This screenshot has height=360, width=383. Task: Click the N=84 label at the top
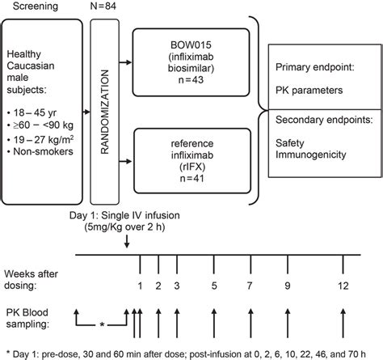point(103,6)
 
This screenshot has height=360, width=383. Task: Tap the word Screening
point(36,6)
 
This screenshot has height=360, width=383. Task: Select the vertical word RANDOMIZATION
point(104,112)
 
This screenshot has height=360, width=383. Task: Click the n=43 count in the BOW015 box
point(191,80)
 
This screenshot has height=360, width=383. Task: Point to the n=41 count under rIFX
point(191,179)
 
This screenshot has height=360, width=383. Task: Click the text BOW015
point(191,44)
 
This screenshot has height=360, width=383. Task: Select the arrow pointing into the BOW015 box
point(125,62)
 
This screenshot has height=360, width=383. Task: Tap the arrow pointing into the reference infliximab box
point(125,162)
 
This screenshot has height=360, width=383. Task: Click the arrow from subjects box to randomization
point(86,112)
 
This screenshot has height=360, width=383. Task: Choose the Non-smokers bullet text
point(43,151)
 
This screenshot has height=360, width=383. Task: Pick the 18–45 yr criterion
point(35,112)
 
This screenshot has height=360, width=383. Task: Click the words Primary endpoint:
point(314,67)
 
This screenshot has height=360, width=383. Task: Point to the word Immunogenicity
point(311,155)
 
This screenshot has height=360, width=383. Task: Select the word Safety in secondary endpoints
point(290,143)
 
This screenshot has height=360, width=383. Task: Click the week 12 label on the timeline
point(343,286)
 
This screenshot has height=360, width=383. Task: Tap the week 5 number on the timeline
point(214,286)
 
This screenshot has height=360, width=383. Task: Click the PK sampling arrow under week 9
point(288,323)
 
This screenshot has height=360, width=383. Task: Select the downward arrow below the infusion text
point(127,242)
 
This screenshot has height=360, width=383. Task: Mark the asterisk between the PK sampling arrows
point(102,324)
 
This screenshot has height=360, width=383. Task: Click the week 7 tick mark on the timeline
point(250,265)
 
